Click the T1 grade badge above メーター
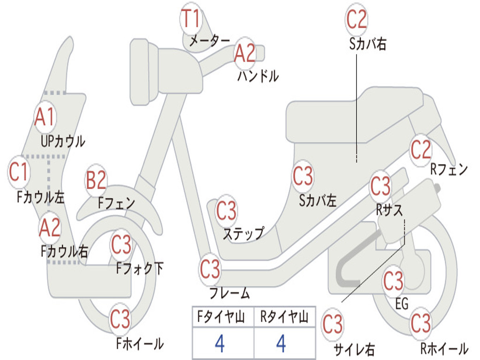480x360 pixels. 191,18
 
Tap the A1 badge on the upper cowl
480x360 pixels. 45,117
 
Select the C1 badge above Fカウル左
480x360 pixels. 19,172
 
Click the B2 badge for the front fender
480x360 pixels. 96,180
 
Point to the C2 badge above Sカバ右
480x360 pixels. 357,19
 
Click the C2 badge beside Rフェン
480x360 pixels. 420,150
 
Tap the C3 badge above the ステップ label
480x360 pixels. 226,210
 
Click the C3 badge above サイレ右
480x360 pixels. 333,324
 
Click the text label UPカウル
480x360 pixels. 63,142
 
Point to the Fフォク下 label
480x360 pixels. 139,269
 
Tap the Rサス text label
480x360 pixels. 389,210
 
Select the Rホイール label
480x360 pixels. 444,348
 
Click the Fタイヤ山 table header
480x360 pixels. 221,316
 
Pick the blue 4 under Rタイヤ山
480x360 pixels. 281,343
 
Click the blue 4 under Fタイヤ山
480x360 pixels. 220,343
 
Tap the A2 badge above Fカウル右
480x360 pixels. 50,228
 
